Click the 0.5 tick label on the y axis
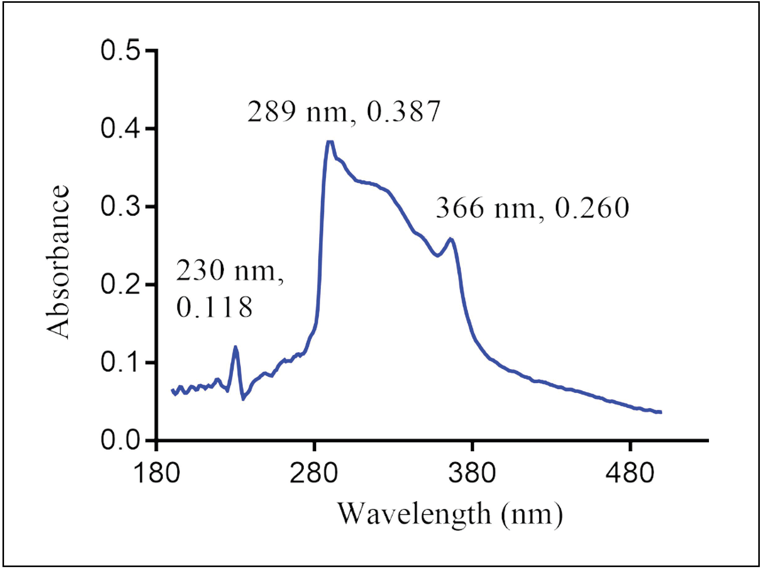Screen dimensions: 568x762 120,51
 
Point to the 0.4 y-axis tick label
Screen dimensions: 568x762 120,129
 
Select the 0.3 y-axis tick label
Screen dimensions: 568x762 120,207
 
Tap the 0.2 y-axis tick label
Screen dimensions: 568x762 120,285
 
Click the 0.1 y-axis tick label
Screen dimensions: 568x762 120,363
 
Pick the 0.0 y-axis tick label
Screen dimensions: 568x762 120,441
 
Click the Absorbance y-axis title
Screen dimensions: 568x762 57,262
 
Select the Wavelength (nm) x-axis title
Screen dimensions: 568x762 450,515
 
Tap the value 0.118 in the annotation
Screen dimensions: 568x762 214,307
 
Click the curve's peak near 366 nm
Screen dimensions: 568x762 451,239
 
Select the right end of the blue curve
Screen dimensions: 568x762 661,412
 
